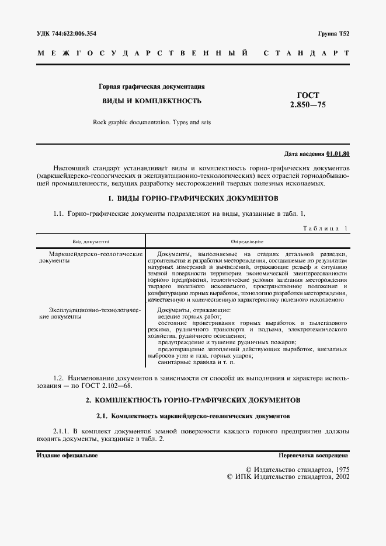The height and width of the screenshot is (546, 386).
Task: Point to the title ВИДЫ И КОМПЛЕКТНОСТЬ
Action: [152, 101]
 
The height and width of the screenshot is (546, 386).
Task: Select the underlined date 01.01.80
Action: [338, 155]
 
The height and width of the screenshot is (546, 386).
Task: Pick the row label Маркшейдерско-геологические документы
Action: [91, 258]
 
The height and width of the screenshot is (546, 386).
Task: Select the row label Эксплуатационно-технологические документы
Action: [91, 313]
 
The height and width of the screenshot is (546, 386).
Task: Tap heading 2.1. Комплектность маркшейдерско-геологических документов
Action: [193, 417]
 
